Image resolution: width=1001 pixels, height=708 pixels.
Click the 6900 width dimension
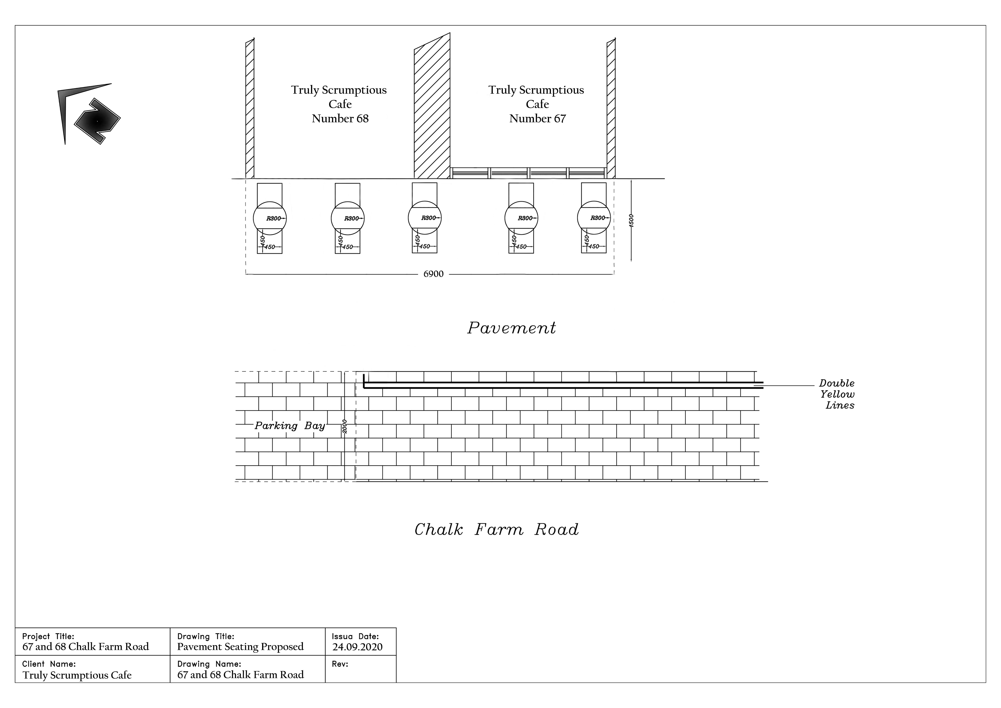433,274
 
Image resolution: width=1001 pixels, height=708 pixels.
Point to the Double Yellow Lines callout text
837,394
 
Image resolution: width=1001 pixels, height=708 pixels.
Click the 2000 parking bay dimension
344,426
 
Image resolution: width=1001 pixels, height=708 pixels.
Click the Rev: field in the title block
340,664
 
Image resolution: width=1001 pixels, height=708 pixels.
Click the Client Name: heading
49,664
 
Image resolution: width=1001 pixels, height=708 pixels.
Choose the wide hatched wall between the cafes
432,106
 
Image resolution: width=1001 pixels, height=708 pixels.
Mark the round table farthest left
270,218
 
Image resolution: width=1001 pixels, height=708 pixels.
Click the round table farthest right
594,218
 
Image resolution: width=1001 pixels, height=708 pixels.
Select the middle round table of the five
425,218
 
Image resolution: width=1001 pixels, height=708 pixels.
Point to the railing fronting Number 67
528,173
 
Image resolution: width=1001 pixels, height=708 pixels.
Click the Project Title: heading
48,636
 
